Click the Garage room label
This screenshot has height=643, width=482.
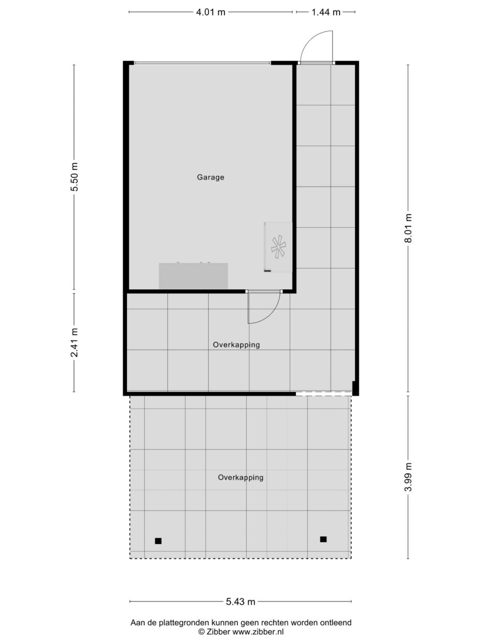click(210, 177)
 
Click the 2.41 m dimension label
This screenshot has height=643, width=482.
click(75, 343)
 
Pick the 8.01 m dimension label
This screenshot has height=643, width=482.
click(408, 229)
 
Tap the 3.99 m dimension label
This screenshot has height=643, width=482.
click(408, 477)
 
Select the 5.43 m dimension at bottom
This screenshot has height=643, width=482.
click(240, 602)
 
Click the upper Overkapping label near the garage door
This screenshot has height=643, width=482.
click(236, 345)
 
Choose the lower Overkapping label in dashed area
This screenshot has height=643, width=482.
click(240, 478)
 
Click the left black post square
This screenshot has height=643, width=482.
click(158, 541)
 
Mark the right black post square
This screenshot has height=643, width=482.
click(323, 539)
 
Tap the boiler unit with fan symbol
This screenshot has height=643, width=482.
click(278, 246)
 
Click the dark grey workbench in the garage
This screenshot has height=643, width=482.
click(193, 276)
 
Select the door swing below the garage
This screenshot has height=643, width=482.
click(263, 309)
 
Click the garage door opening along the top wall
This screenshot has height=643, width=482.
click(202, 63)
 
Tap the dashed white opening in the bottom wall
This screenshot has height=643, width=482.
click(323, 394)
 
